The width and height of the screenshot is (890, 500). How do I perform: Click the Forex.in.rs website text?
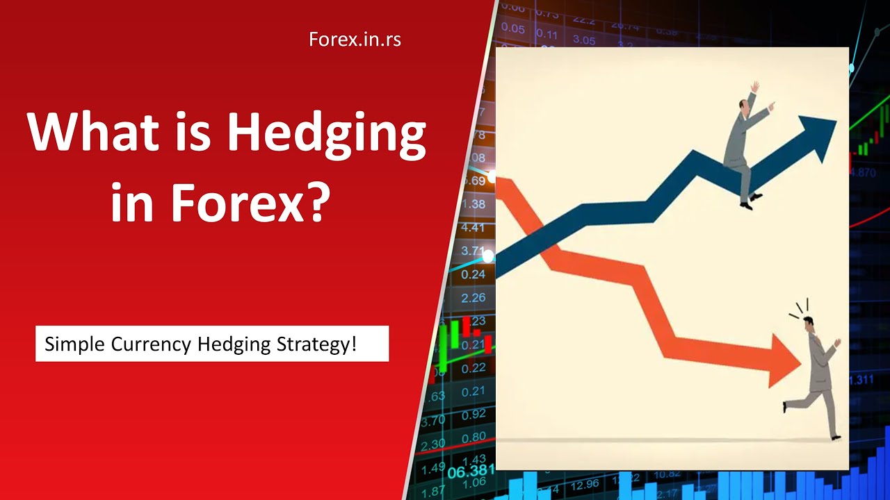[x=355, y=40]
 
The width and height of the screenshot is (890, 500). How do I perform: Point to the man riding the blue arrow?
[x=741, y=146]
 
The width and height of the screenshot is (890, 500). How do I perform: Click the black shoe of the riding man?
[x=746, y=206]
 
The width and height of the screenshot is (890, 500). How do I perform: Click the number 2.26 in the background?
[x=474, y=298]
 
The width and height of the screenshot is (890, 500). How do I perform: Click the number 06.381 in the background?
[x=467, y=472]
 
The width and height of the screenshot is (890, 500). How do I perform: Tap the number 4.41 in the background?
[x=473, y=228]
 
